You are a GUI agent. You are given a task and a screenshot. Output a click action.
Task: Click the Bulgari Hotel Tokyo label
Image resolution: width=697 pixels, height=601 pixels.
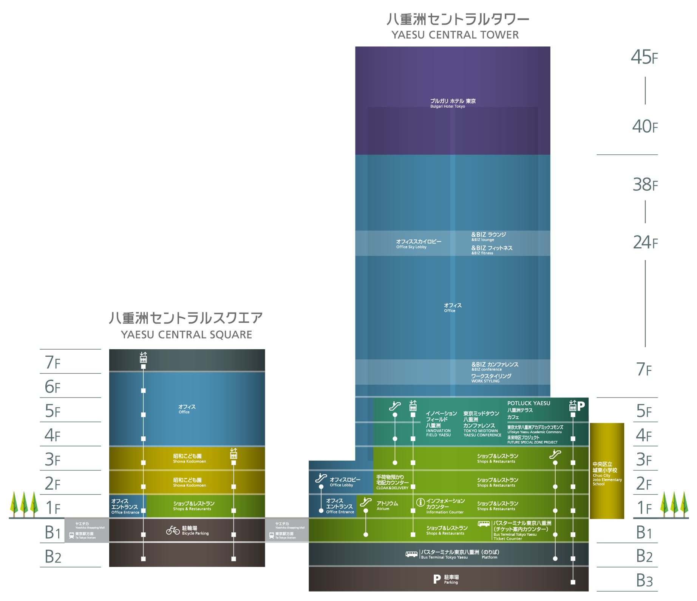(453, 103)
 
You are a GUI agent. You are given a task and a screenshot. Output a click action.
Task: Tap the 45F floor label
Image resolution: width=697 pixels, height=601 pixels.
(644, 57)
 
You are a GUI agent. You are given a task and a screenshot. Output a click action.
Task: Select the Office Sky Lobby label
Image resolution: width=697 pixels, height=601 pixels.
(419, 243)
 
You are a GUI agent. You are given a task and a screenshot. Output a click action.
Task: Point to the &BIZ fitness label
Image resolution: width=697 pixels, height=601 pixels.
(491, 250)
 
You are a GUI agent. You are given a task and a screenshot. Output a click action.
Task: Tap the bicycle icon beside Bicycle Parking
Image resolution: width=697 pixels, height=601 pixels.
(173, 530)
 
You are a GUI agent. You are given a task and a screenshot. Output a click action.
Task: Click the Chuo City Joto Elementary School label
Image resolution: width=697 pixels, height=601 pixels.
(607, 473)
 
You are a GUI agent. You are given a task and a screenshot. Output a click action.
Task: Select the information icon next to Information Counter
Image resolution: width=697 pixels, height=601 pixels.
(420, 502)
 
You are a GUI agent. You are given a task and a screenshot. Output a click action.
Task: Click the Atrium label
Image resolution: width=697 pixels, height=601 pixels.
(387, 505)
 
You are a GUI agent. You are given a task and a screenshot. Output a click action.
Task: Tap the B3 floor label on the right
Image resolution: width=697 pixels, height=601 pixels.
(644, 581)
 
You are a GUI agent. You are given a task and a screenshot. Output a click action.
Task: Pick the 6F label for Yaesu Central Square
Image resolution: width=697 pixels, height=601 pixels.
(53, 387)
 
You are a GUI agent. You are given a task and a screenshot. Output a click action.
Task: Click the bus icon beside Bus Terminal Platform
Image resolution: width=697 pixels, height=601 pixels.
(411, 554)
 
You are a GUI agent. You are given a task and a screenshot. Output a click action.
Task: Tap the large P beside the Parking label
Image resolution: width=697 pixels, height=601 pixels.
(437, 579)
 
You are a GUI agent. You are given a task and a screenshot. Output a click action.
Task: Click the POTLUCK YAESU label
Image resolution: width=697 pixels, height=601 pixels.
(529, 403)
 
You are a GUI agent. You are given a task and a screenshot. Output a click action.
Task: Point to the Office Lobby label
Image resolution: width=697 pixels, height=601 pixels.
(345, 482)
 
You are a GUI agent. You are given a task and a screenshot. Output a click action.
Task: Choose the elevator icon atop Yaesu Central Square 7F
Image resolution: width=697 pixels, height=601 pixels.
(143, 357)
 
